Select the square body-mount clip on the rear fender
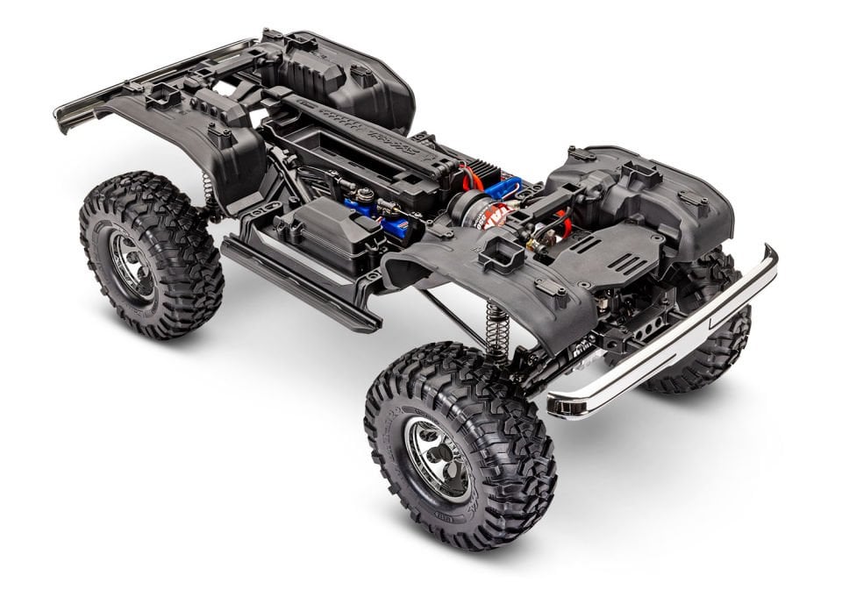click(x=218, y=137)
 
